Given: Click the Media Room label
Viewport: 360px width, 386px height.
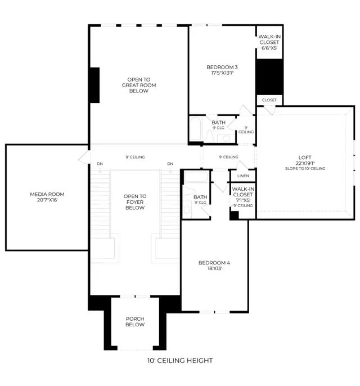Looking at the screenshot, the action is coord(47,194).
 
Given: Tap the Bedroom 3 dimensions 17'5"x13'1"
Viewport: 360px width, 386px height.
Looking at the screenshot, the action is coord(222,73).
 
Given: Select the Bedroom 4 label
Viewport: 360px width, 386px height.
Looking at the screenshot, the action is coord(214,263).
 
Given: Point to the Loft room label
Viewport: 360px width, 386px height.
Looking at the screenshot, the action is coord(305,158).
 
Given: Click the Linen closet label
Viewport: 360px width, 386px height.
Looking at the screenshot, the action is coord(243,176).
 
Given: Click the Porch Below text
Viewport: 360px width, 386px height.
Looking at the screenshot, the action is coord(135,322).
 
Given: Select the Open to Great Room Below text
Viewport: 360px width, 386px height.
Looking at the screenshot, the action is coord(139,85).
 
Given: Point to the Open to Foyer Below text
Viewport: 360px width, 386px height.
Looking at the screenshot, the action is coord(135,202).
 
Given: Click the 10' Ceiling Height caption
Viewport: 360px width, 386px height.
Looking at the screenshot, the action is coord(180,361).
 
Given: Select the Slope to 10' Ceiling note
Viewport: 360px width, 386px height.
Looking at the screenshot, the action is coord(305,169).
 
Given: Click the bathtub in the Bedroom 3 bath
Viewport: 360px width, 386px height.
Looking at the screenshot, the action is coord(196,129).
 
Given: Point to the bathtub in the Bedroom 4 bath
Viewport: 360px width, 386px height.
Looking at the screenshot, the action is coord(196,177).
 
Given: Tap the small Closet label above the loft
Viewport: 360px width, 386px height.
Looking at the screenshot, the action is coord(269,100).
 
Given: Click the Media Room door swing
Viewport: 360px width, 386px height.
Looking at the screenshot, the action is coord(84,157).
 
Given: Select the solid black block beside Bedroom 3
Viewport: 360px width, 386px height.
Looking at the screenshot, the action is coord(269,77).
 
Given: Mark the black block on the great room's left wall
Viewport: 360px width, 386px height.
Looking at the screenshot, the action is coord(94,85).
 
